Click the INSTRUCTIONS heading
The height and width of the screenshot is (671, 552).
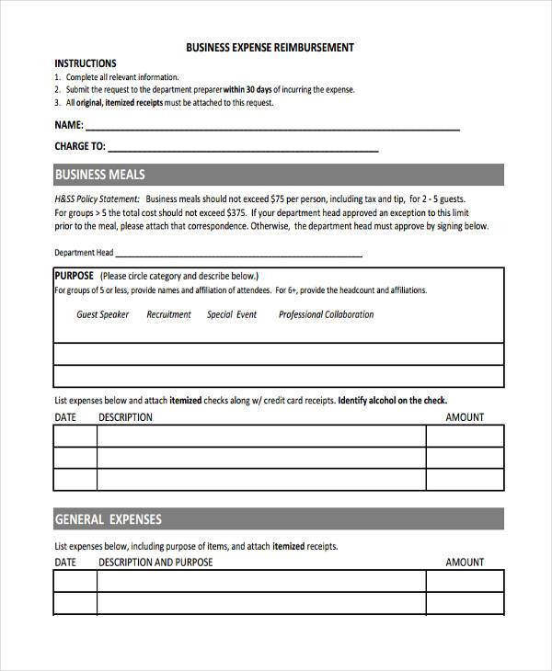(86, 63)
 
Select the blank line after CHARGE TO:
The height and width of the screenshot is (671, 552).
(244, 147)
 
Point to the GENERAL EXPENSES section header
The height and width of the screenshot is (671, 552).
(108, 519)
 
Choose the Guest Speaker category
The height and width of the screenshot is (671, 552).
(103, 314)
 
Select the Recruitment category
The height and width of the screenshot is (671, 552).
(168, 314)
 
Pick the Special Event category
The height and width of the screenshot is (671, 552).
(232, 314)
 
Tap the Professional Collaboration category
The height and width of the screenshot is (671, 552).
(326, 314)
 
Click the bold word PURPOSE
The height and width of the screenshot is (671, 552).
(75, 275)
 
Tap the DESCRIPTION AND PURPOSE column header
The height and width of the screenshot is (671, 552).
(155, 562)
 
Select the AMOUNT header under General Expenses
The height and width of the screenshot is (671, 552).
(465, 562)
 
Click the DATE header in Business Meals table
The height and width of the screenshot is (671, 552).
(65, 417)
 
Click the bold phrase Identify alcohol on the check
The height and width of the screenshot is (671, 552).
(393, 401)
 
